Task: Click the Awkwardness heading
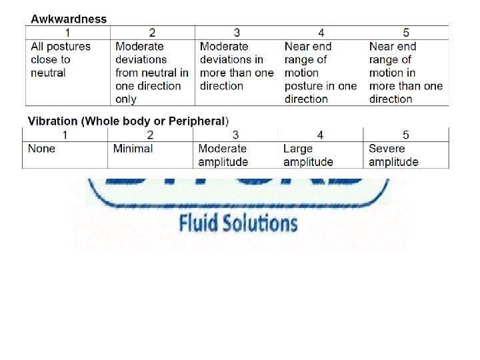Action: pyautogui.click(x=69, y=19)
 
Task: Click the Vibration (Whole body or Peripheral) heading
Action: pyautogui.click(x=128, y=121)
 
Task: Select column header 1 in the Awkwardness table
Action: pyautogui.click(x=67, y=33)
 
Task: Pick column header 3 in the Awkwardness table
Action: pyautogui.click(x=237, y=33)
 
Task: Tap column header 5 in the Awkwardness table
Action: pyautogui.click(x=406, y=33)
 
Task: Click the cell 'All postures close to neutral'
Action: pyautogui.click(x=61, y=59)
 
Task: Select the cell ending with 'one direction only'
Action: pyautogui.click(x=151, y=73)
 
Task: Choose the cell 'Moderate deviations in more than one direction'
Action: pyautogui.click(x=237, y=66)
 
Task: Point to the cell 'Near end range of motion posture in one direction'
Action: pyautogui.click(x=321, y=73)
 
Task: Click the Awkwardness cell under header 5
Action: pyautogui.click(x=405, y=73)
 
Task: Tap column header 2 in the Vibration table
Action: pyautogui.click(x=150, y=135)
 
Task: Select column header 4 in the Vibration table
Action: pyautogui.click(x=320, y=135)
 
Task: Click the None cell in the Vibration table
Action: pyautogui.click(x=42, y=149)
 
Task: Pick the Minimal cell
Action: pyautogui.click(x=133, y=149)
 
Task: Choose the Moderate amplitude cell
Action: pyautogui.click(x=223, y=155)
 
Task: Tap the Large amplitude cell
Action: pyautogui.click(x=308, y=155)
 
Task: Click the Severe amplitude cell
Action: pyautogui.click(x=393, y=155)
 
